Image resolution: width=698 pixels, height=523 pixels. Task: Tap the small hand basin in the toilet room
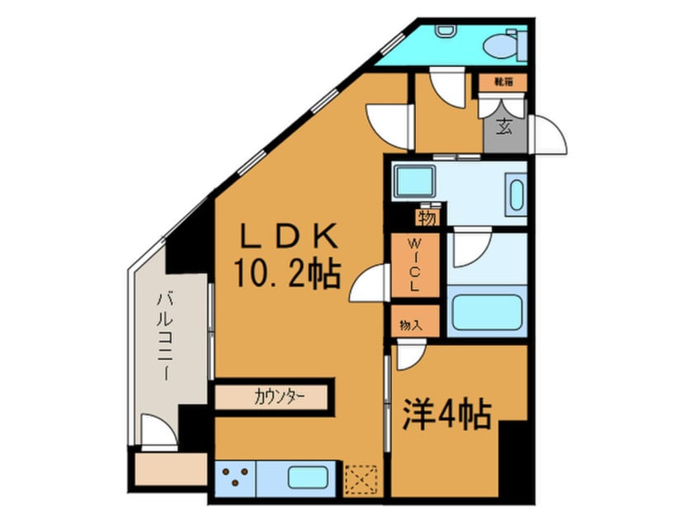(x=447, y=31)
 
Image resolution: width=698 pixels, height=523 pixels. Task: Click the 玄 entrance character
(x=504, y=127)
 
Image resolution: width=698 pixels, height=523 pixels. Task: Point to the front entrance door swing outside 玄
(x=548, y=135)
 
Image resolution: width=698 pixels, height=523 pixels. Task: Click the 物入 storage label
(x=412, y=325)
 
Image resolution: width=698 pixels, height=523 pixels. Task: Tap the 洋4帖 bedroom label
(x=447, y=413)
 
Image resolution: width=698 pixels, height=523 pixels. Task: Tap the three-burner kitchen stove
(x=236, y=478)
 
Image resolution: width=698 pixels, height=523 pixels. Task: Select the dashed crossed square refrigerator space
(x=361, y=478)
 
